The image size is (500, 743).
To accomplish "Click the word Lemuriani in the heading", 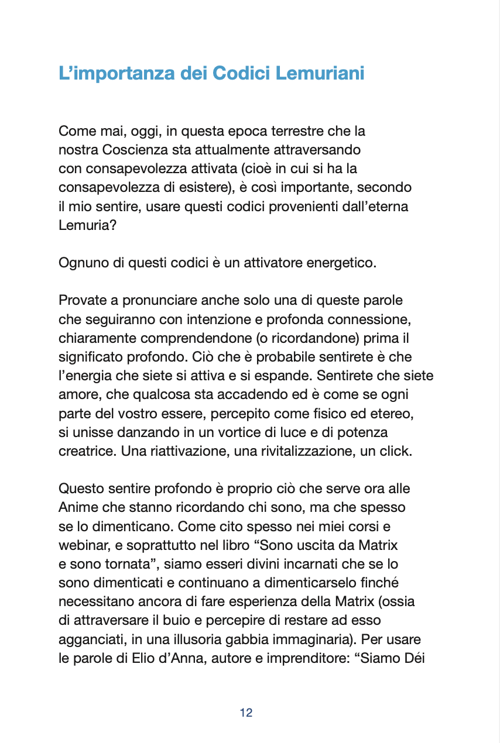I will tap(320, 74).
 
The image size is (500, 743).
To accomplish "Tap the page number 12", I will tap(246, 713).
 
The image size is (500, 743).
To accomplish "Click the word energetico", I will tap(347, 263).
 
